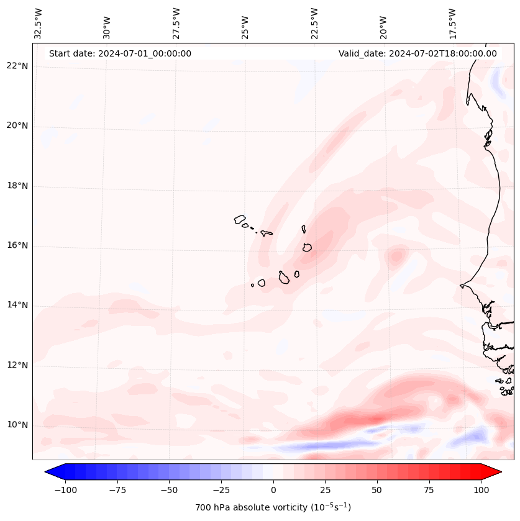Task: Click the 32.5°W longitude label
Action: point(39,23)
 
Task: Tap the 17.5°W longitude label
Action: point(452,23)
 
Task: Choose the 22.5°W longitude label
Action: point(314,23)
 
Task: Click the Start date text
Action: point(120,53)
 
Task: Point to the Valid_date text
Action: point(417,53)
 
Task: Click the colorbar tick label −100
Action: point(63,490)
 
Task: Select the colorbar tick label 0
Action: point(273,490)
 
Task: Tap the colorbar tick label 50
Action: point(377,490)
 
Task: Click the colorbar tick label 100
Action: point(481,490)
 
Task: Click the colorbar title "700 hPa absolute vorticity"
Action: point(273,507)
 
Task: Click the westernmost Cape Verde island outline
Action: point(240,219)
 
